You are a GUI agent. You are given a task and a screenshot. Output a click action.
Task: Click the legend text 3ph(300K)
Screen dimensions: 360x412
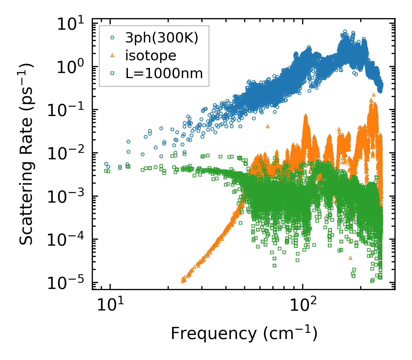point(162,38)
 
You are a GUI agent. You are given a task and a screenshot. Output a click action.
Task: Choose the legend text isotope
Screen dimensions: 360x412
point(151,56)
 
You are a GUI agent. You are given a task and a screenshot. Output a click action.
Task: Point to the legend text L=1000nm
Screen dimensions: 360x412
point(164,74)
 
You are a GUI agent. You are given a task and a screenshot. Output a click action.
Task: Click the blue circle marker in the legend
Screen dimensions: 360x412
point(112,37)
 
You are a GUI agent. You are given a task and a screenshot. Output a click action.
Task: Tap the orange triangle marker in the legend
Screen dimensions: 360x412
point(112,55)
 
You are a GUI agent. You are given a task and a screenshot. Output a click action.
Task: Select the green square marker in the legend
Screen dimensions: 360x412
point(112,73)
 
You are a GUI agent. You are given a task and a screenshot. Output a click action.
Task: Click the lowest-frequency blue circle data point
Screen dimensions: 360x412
point(106,164)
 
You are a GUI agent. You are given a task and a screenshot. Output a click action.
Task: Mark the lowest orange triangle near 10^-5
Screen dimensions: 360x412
point(183,281)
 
